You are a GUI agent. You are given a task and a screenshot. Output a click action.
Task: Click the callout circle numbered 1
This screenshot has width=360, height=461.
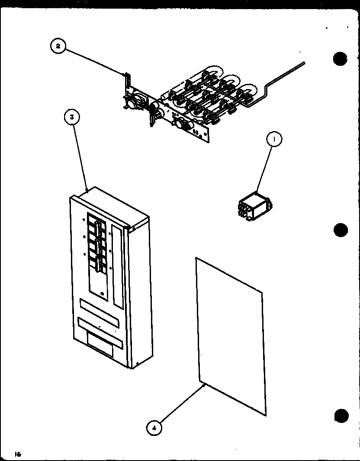(x=274, y=139)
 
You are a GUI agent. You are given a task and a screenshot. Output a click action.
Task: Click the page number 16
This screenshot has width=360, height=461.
(x=17, y=454)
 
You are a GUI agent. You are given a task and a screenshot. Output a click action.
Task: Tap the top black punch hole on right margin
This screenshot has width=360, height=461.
(x=341, y=58)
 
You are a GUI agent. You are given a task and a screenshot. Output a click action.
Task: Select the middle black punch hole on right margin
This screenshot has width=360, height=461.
(x=341, y=230)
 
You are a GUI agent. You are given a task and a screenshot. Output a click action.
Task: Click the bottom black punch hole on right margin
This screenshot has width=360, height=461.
(x=341, y=416)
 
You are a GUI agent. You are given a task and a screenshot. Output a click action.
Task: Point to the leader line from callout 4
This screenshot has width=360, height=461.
(x=182, y=403)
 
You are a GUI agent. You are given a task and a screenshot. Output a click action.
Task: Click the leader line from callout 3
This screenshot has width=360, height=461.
(x=81, y=156)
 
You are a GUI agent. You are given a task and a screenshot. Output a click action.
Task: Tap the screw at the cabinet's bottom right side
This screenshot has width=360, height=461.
(x=137, y=362)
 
